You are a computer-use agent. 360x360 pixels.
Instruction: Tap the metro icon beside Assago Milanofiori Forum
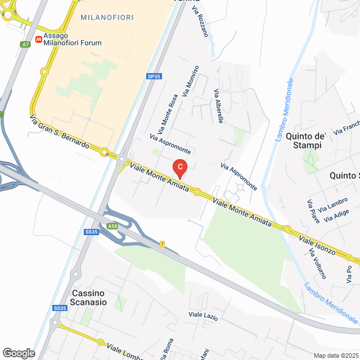click(39, 39)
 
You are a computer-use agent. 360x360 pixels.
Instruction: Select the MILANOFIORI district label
click(107, 17)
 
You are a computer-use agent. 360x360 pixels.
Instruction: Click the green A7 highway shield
click(25, 44)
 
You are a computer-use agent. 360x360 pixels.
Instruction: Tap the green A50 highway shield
click(113, 226)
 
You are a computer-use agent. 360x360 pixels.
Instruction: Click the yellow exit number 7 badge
click(161, 244)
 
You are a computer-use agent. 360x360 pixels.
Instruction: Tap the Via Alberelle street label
click(219, 106)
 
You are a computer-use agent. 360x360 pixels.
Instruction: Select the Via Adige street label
click(337, 215)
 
